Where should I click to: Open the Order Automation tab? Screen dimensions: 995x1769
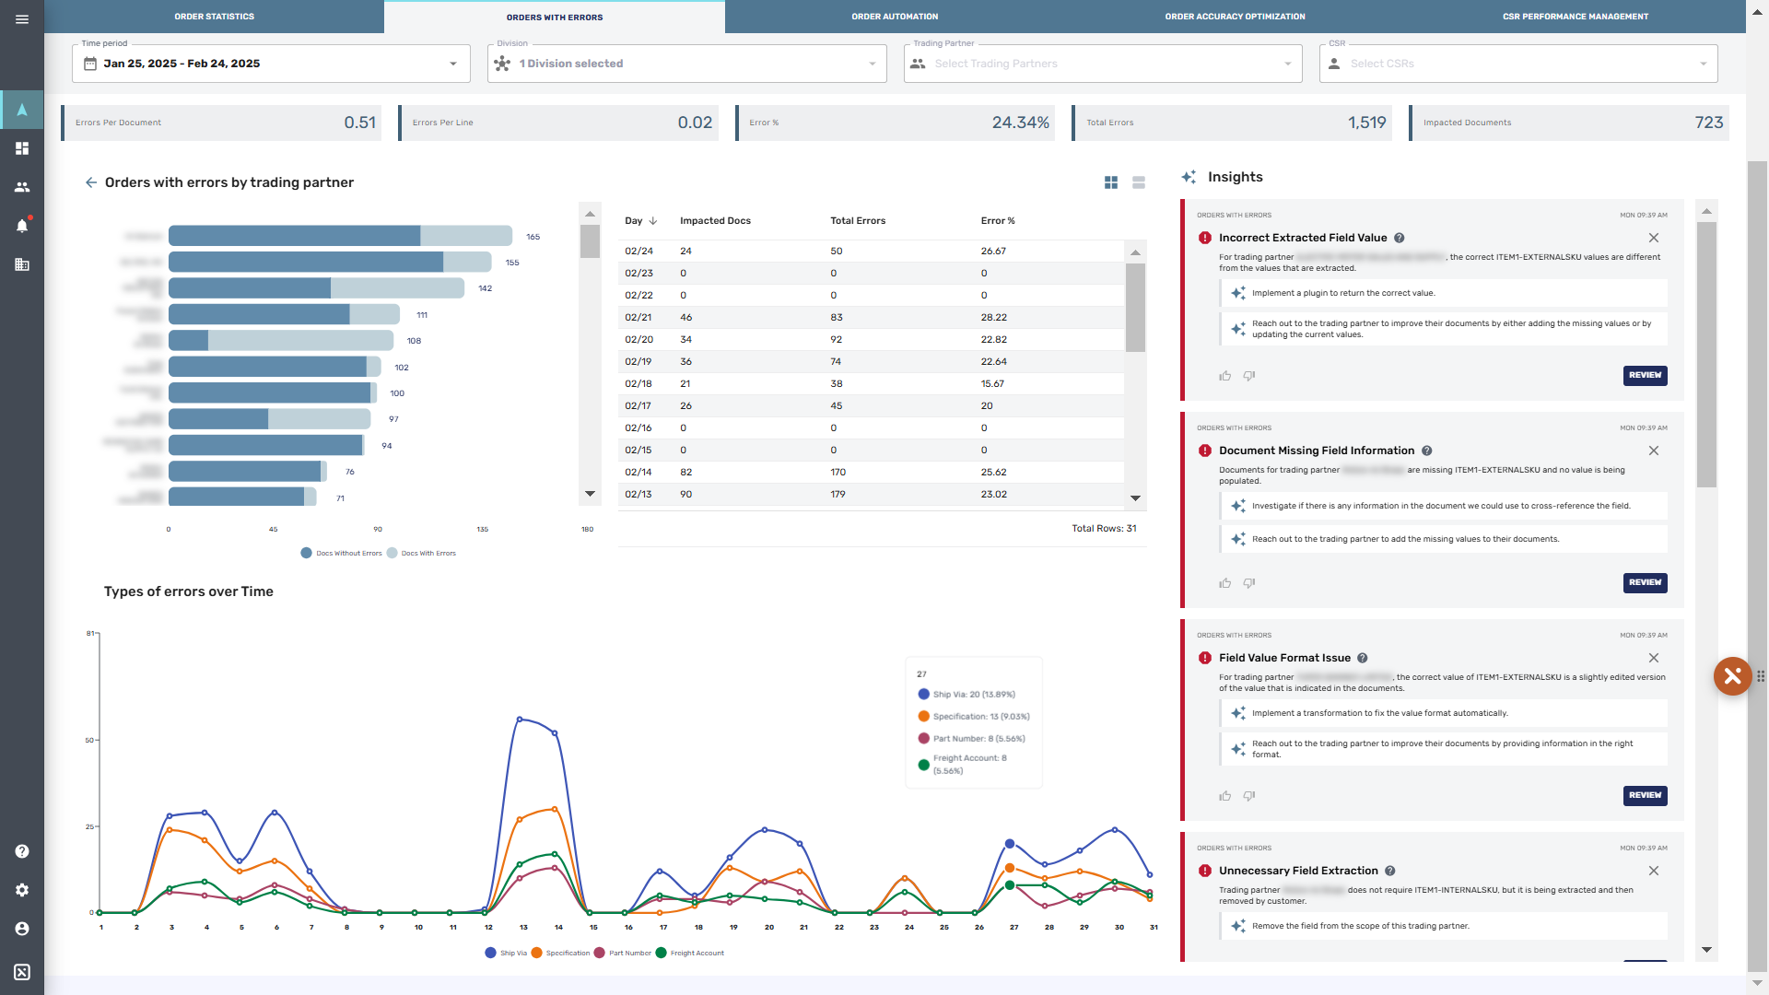click(894, 17)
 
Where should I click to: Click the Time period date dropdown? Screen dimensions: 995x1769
click(271, 64)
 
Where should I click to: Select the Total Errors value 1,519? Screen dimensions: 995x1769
click(1366, 123)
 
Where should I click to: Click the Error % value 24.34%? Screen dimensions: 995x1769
click(1020, 123)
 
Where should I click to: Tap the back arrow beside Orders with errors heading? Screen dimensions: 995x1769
click(91, 182)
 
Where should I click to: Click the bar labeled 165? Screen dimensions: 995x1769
click(340, 237)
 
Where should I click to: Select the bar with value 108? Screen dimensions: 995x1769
click(281, 341)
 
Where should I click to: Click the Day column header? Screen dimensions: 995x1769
click(634, 221)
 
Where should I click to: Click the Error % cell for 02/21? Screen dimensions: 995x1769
click(993, 318)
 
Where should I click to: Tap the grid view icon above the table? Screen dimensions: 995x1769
click(1111, 183)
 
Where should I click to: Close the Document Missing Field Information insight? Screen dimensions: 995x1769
click(1653, 451)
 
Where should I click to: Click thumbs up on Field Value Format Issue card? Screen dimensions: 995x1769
click(1224, 796)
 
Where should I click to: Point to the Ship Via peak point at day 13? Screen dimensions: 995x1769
click(520, 719)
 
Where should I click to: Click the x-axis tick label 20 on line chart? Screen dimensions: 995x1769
click(768, 928)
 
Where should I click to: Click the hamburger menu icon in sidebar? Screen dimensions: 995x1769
click(22, 18)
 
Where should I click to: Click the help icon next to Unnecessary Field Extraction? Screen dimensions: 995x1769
click(1390, 871)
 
